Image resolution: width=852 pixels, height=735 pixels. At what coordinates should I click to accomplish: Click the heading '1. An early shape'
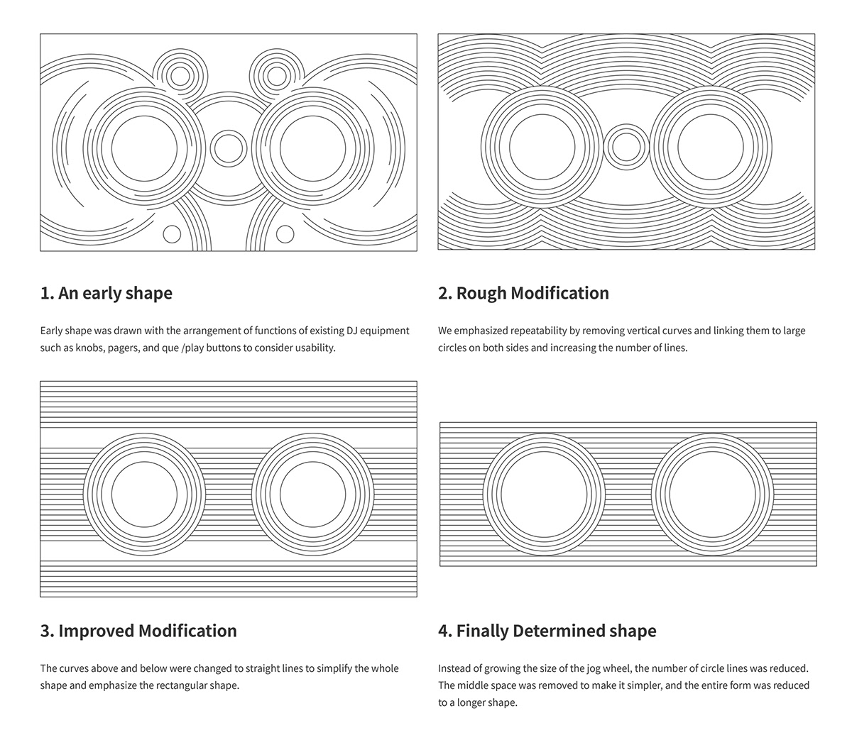coord(106,293)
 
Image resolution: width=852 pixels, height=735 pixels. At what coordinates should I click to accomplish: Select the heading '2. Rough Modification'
coord(523,293)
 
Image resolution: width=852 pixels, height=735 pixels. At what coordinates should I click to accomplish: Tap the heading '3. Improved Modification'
coord(138,631)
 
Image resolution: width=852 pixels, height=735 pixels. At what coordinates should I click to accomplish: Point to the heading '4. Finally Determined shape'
coord(547,631)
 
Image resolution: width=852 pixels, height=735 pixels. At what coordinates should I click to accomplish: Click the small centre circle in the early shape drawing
coord(228,148)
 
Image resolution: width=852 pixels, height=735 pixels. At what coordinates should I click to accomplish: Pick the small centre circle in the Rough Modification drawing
coord(626,147)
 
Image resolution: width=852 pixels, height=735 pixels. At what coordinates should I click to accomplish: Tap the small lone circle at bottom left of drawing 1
coord(172,233)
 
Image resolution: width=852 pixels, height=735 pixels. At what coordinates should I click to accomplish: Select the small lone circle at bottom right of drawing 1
coord(285,233)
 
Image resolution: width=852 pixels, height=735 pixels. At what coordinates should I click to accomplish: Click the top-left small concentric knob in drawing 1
coord(180,76)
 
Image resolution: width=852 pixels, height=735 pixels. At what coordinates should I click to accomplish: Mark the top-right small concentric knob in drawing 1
coord(276,76)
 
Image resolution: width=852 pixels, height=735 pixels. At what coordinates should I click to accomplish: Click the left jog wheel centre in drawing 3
coord(144,494)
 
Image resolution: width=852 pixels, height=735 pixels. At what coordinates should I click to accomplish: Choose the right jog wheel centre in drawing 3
coord(312,494)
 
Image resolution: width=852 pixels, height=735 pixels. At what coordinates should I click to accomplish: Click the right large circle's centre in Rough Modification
coord(711,147)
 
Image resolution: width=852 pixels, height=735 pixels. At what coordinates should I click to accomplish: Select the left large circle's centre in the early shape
coord(144,148)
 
